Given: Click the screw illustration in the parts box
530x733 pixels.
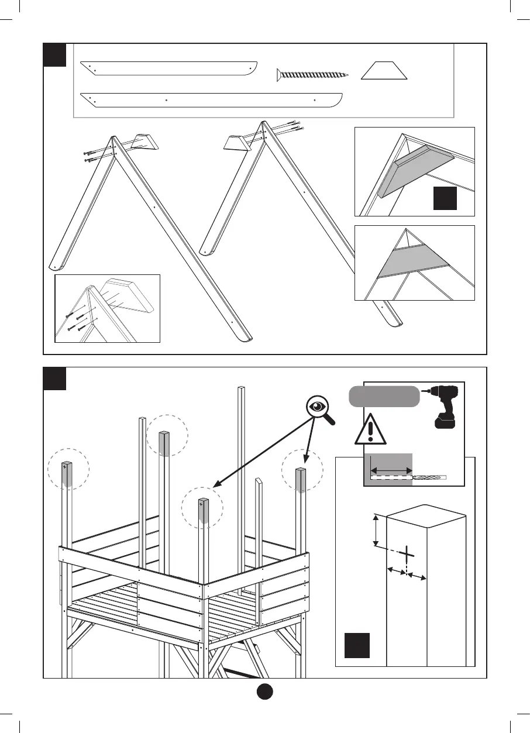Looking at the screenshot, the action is pos(312,74).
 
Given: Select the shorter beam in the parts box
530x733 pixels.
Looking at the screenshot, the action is pos(169,68).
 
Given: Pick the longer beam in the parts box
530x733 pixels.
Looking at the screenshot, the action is pos(211,99).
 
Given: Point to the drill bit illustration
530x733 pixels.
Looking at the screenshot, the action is pos(429,478).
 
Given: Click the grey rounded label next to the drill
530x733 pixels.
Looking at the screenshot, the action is pos(384,396).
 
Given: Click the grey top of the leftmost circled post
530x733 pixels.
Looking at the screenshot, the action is pos(68,474).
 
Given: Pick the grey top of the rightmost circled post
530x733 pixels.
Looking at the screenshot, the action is pos(301,480).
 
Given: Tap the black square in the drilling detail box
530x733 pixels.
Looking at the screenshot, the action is pos(356,645).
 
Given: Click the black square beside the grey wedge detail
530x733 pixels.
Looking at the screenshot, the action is pos(445,198).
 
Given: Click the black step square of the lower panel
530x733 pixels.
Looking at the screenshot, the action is pos(54,378).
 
